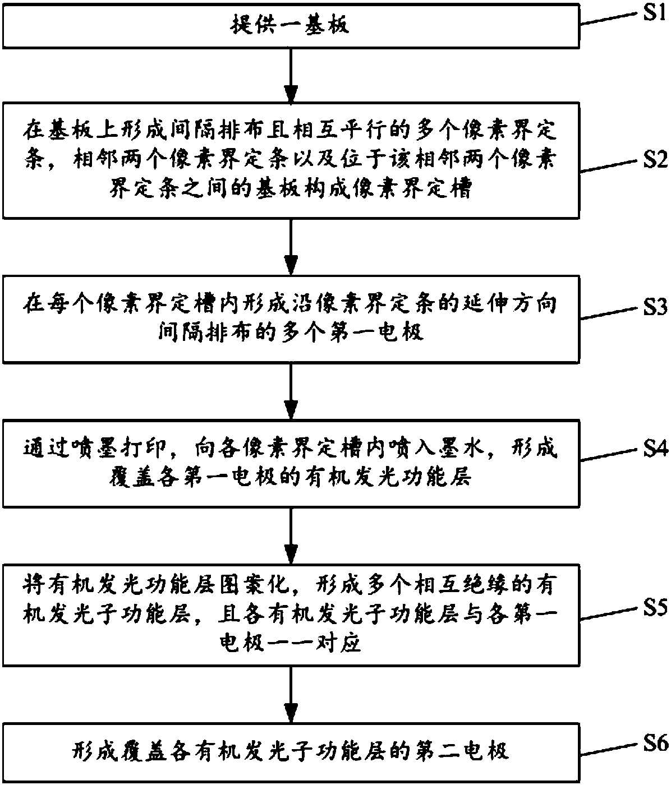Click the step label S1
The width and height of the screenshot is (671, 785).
pos(654,13)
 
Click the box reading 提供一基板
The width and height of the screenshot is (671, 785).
pos(291,26)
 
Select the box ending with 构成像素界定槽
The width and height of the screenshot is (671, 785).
pos(291,160)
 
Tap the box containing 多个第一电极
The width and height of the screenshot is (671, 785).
pos(291,319)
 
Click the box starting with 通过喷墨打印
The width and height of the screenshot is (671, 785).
pos(291,463)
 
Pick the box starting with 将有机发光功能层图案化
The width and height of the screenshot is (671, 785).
pos(291,615)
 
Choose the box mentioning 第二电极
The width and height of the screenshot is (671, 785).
pos(291,752)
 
